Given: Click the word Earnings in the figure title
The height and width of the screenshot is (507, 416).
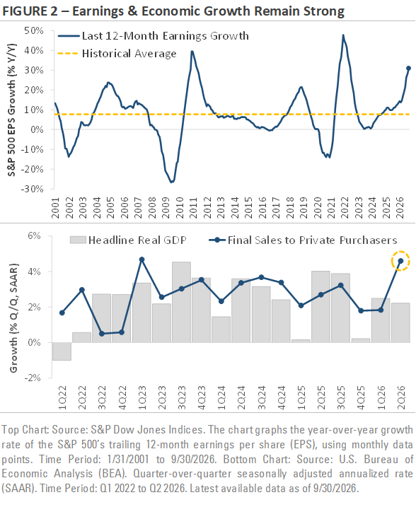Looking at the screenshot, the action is click(98, 11).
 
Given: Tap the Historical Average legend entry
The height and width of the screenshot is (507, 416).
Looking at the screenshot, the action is click(117, 53).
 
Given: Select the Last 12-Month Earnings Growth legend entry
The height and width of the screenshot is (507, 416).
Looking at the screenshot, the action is click(154, 35).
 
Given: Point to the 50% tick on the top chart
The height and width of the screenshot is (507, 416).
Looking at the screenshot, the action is click(33, 30).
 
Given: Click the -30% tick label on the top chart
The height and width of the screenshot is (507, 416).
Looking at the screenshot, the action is click(32, 189).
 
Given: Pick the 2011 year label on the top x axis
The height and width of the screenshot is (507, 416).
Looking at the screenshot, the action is click(193, 207).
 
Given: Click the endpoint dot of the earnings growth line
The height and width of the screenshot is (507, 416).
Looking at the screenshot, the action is click(408, 68).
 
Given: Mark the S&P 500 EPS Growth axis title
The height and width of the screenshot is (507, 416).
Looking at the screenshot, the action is click(11, 110).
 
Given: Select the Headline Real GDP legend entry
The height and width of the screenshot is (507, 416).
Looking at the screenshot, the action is click(128, 240).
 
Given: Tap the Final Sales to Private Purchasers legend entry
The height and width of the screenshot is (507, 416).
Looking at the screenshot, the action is click(303, 240).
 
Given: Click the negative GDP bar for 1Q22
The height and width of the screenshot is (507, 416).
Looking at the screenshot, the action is click(62, 351).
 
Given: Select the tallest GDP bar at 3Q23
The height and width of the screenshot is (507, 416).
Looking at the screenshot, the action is click(182, 302).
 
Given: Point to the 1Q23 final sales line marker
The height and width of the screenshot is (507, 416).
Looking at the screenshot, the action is click(141, 260).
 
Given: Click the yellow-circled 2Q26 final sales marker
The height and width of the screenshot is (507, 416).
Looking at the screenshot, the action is click(400, 261).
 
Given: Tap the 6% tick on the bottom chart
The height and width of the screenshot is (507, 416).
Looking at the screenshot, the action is click(34, 235).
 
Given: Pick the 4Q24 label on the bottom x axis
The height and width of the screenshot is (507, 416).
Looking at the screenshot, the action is click(281, 397).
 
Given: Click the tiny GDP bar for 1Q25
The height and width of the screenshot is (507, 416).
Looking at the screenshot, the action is click(301, 341).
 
